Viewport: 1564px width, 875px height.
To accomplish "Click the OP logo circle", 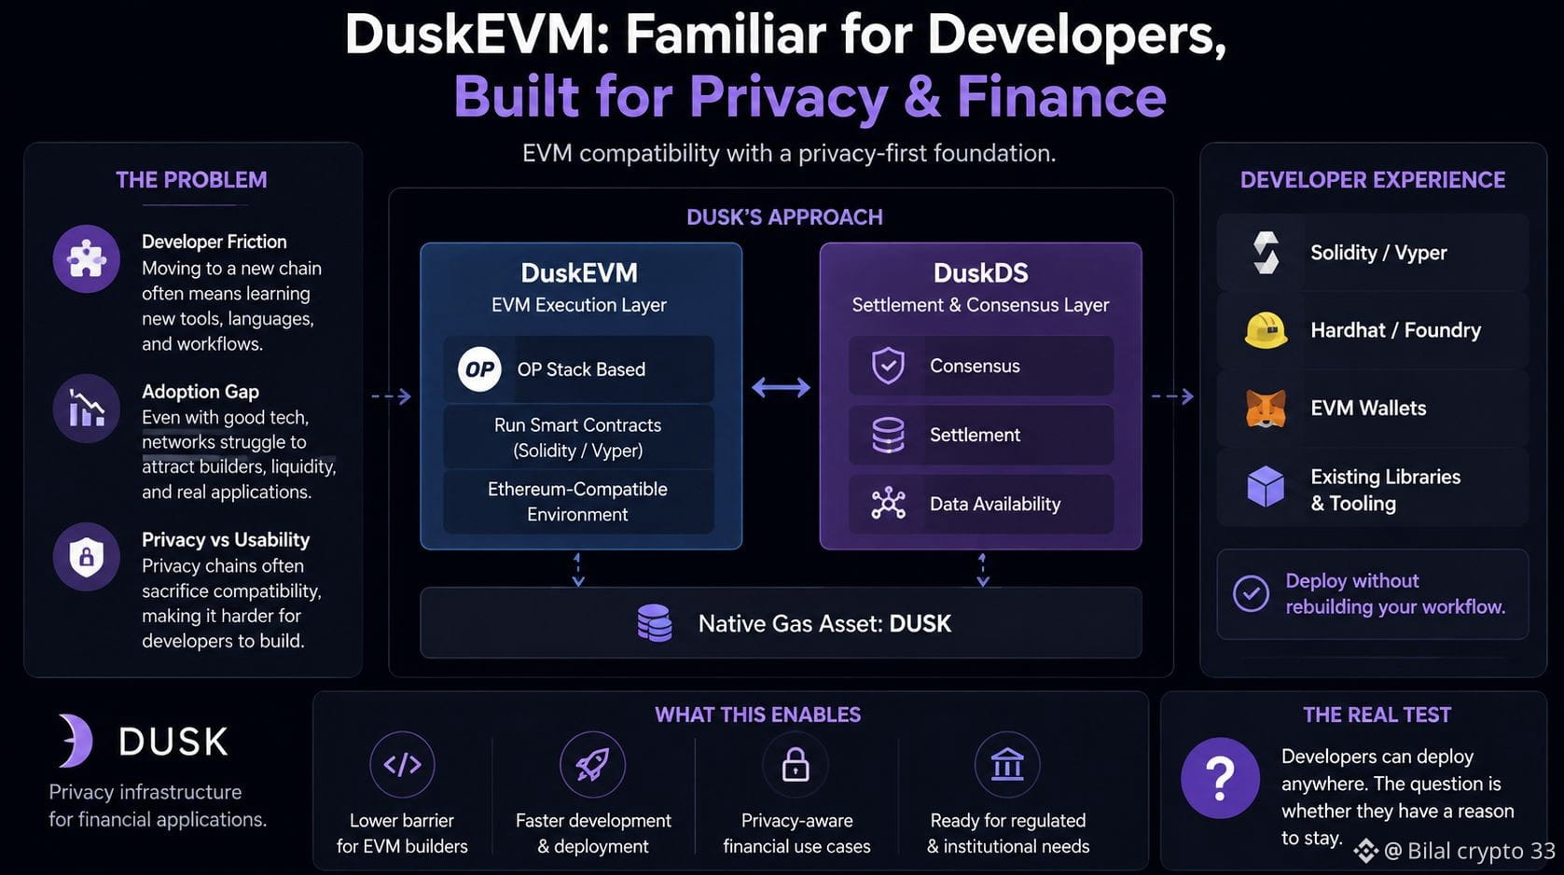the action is [x=479, y=368].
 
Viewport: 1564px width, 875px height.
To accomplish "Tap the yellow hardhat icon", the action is [x=1266, y=329].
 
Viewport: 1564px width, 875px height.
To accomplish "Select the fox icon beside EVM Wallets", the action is [x=1266, y=409].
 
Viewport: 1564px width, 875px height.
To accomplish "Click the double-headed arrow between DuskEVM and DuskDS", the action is [x=781, y=387].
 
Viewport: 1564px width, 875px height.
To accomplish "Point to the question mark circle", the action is [x=1220, y=778].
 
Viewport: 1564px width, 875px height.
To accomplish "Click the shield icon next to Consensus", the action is [x=888, y=366].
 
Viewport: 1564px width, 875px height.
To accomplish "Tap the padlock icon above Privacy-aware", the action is [x=796, y=765].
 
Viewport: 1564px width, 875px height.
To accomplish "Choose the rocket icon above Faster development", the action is [x=592, y=765].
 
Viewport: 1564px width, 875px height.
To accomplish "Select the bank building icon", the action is [x=1007, y=764].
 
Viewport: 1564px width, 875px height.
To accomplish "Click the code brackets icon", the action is [x=402, y=765].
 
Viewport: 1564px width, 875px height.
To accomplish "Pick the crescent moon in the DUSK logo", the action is [x=76, y=741].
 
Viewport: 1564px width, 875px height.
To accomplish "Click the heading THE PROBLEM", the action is [x=191, y=180].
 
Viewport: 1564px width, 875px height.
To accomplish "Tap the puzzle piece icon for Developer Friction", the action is [x=86, y=259].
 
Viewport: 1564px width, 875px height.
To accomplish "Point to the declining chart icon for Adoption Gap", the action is [x=87, y=409].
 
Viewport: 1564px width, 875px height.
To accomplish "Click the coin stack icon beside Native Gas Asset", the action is [x=655, y=623].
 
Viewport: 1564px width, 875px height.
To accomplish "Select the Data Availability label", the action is [x=995, y=504].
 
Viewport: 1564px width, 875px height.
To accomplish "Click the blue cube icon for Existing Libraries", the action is [x=1266, y=487].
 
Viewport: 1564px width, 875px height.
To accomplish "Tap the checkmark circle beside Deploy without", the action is [x=1251, y=593].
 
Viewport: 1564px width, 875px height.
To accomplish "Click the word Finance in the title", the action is [x=1062, y=96].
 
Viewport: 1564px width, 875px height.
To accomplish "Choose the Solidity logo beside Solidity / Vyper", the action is [x=1266, y=252].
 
